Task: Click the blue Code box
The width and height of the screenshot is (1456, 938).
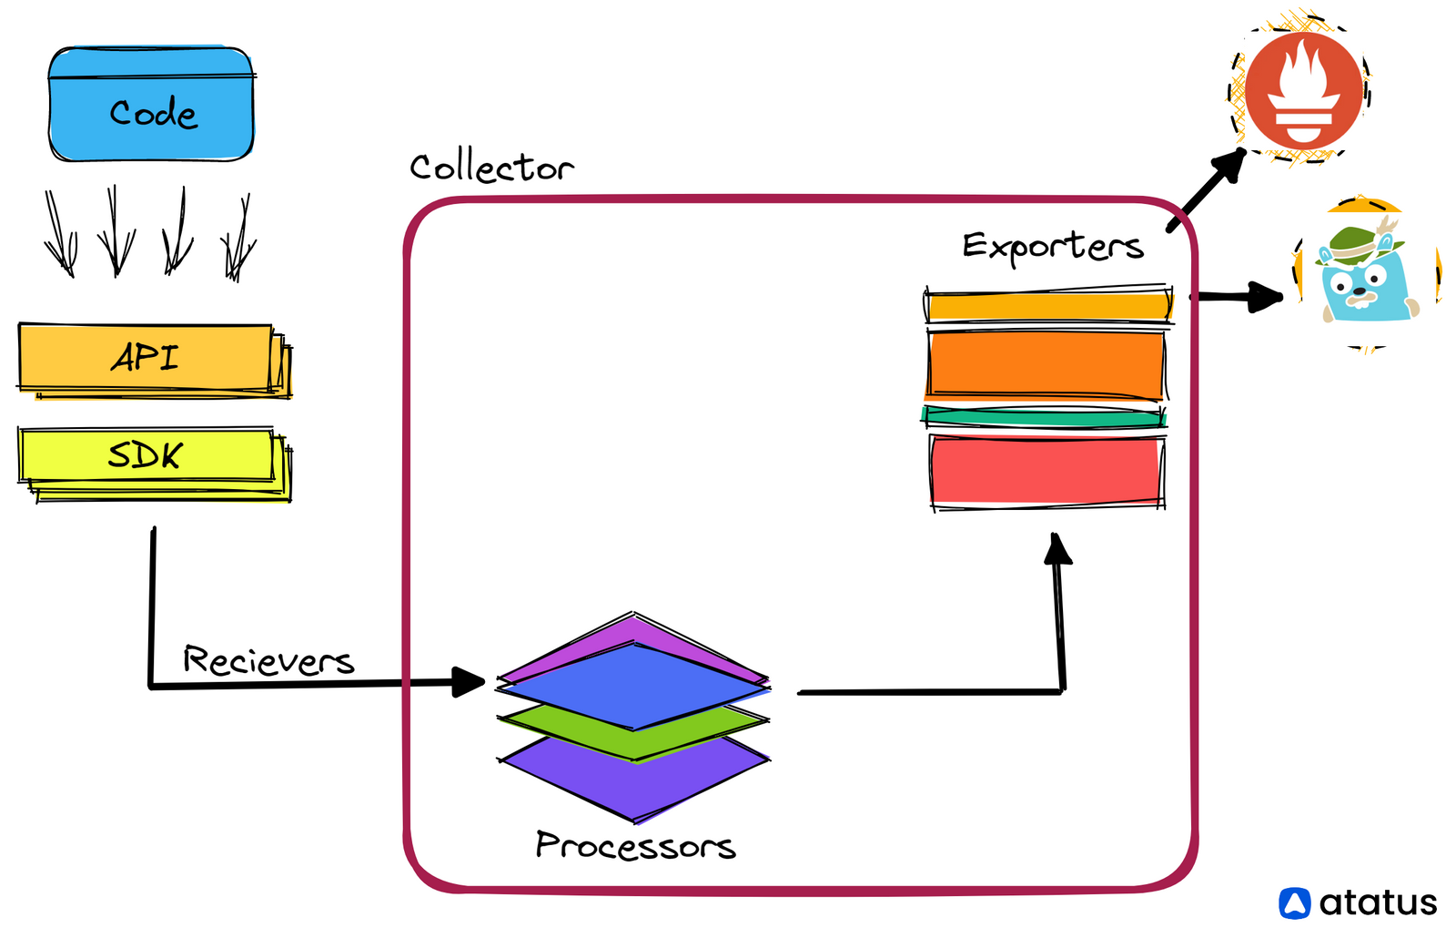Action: click(x=151, y=105)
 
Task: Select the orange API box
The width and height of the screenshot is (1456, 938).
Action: click(x=146, y=358)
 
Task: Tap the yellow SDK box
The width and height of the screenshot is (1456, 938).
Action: click(x=146, y=455)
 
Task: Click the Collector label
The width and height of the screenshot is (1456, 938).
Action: click(x=491, y=168)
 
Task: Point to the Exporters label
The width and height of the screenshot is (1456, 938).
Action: click(x=1053, y=246)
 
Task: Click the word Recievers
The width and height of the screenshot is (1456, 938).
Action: click(x=268, y=660)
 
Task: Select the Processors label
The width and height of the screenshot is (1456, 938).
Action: click(x=635, y=845)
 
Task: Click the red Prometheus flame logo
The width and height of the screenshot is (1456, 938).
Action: click(x=1304, y=89)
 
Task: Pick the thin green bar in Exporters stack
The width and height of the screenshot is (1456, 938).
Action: click(x=1044, y=418)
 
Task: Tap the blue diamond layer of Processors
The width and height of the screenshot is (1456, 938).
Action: click(x=634, y=685)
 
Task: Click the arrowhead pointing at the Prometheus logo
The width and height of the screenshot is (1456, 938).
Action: click(x=1230, y=165)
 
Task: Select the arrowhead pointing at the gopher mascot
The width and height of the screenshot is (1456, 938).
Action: click(x=1267, y=296)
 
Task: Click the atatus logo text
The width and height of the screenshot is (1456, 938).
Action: click(x=1378, y=902)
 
